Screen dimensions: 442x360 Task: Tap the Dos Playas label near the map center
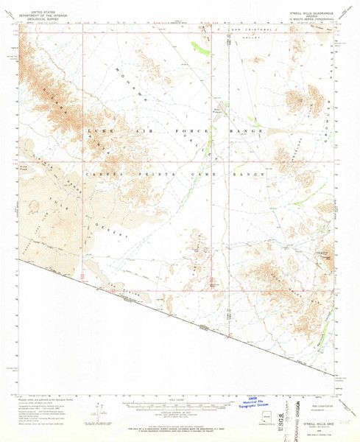[218, 110]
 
